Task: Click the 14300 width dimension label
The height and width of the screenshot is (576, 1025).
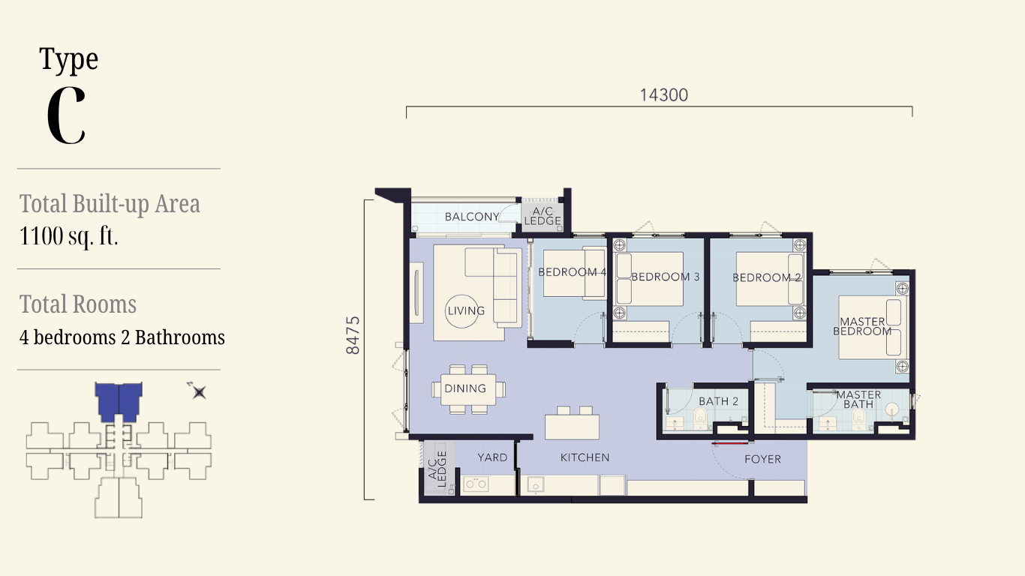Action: pos(663,95)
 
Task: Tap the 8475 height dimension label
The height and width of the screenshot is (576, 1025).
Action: pos(353,335)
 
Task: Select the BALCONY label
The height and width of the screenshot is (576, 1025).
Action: pos(472,217)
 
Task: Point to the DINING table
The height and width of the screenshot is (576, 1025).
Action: pos(468,389)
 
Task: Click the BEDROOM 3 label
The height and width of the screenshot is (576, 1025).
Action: pos(666,277)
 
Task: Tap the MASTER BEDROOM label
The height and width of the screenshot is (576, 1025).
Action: pos(862,327)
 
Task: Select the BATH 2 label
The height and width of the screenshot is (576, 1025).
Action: pos(718,401)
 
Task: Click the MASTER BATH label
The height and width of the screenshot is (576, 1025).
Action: pos(858,400)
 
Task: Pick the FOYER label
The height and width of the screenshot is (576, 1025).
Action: pos(762,459)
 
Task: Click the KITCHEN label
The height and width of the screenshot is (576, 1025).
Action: pos(585,457)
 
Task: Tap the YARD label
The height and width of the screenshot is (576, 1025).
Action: pos(492,457)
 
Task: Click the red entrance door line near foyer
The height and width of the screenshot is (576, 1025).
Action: pos(730,442)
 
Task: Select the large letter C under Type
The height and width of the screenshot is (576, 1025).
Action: pos(66,115)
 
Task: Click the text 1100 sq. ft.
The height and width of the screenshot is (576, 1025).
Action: pos(68,236)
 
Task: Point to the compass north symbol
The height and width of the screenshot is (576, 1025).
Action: pos(197,391)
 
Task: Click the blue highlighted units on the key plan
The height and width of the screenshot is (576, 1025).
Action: pos(119,402)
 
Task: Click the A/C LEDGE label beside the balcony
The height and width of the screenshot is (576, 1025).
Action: pos(543,216)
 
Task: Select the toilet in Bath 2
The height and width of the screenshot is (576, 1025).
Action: pos(700,418)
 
